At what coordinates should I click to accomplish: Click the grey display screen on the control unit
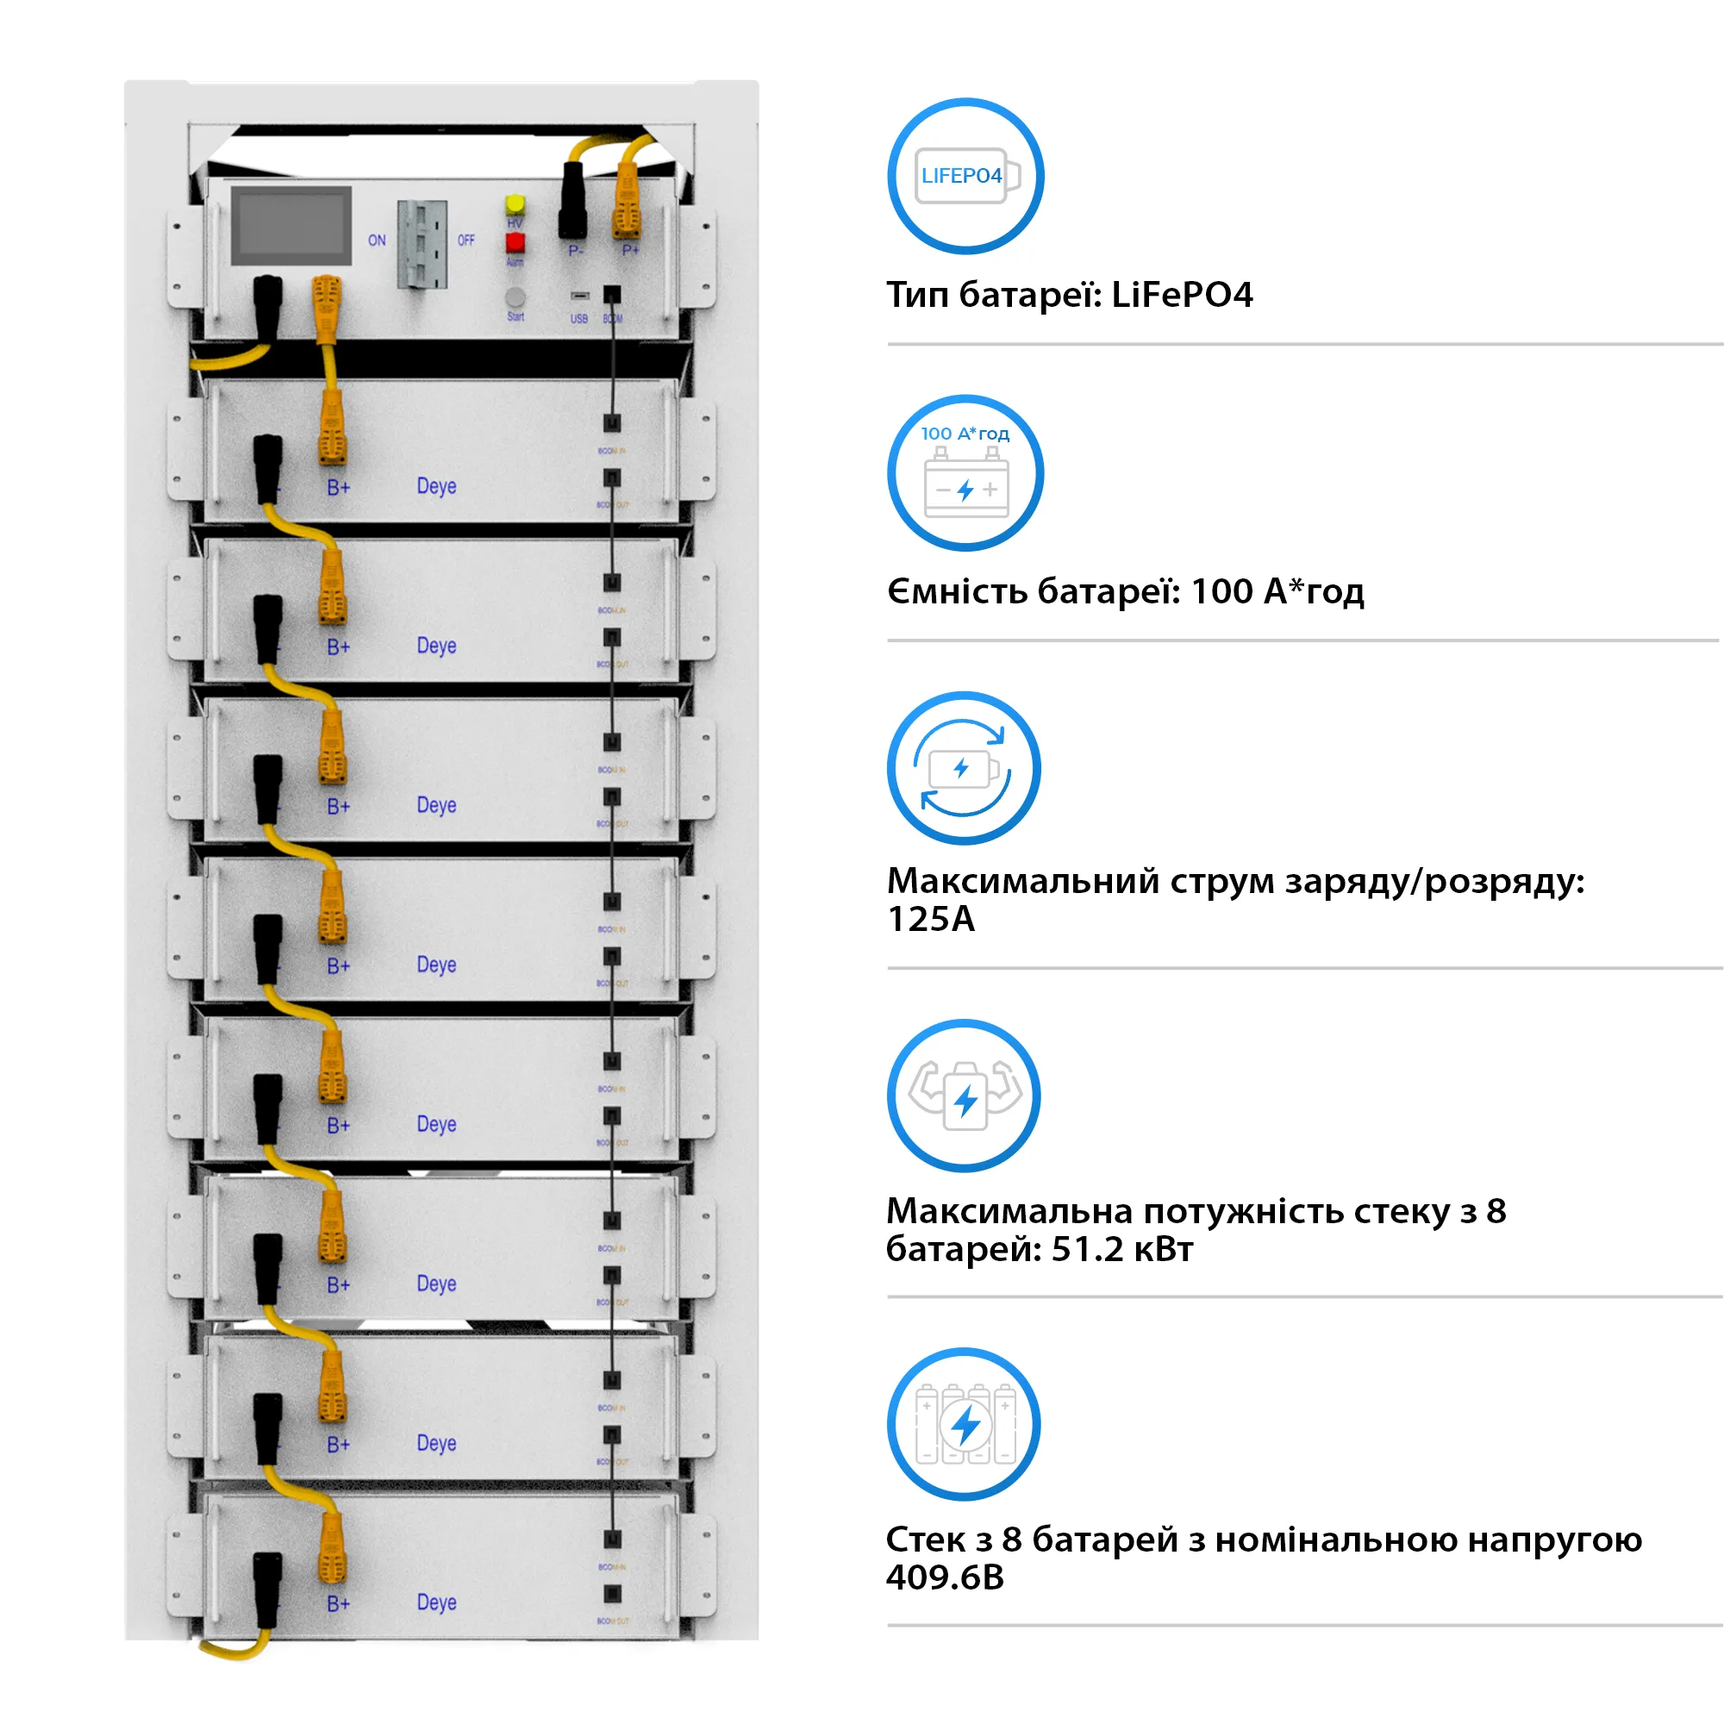pos(290,226)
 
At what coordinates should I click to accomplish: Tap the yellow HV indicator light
pos(515,204)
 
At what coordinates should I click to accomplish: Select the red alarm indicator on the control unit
pos(515,242)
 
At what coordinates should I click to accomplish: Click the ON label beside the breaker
pos(377,240)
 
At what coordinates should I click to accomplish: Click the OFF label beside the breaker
pos(465,240)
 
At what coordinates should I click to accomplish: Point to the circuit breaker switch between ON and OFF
pos(422,244)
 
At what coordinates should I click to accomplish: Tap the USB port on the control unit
pos(580,296)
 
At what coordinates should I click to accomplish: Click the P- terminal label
pos(576,252)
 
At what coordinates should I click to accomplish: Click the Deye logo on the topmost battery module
pos(436,486)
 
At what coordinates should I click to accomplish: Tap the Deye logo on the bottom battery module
pos(436,1602)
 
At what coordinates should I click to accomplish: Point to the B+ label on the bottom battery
pos(338,1604)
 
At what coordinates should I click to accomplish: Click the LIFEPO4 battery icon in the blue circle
pos(965,176)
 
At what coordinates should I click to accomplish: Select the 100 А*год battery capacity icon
pos(965,473)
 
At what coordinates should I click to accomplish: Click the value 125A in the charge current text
pos(931,919)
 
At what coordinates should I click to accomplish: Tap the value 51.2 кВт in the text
pos(1121,1249)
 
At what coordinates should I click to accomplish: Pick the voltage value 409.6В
pos(945,1577)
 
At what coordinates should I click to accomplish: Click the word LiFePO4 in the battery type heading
pos(1182,295)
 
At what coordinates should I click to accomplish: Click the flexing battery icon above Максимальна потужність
pos(964,1096)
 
